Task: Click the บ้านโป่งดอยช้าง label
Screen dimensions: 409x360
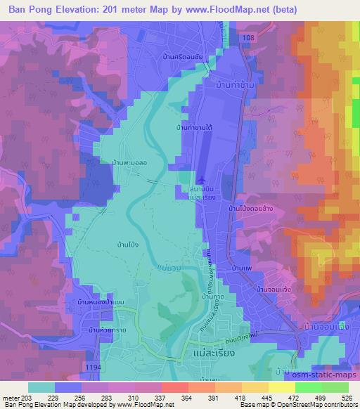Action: pyautogui.click(x=252, y=209)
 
